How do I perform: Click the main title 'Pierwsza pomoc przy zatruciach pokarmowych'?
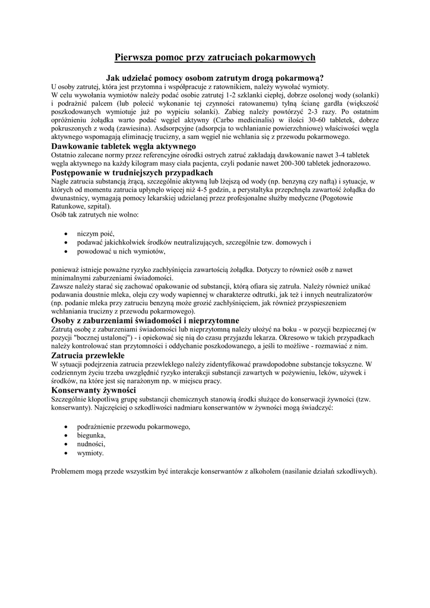click(214, 57)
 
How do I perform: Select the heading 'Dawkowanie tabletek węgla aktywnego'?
click(124, 145)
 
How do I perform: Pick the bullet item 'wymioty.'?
click(90, 453)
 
